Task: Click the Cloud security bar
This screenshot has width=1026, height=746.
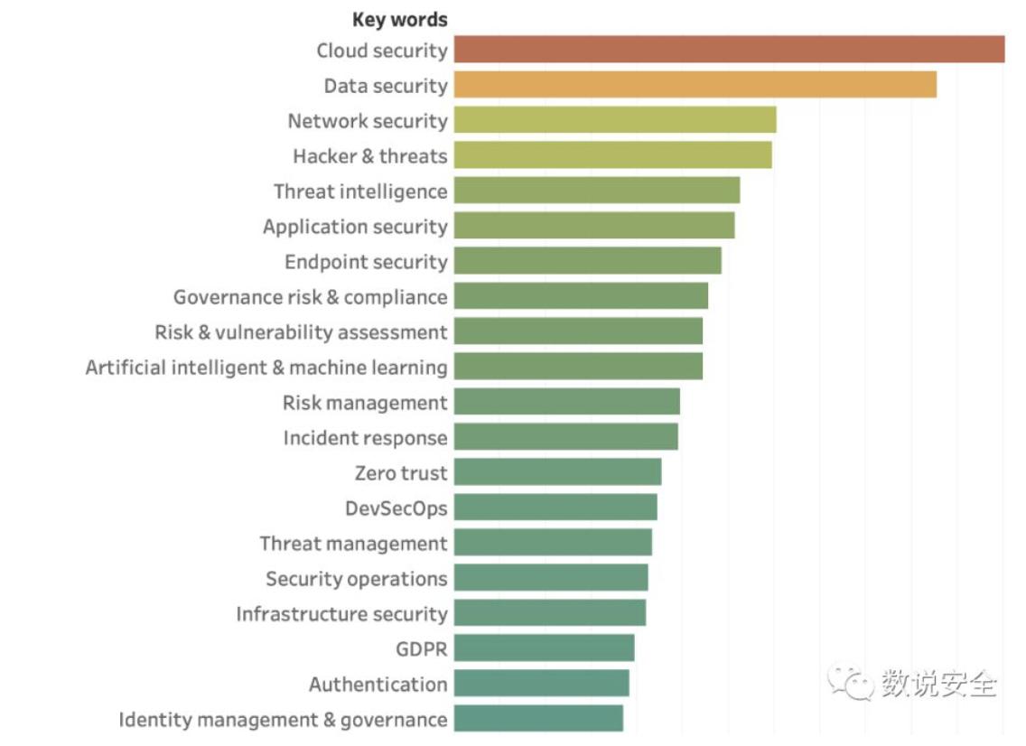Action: pos(729,50)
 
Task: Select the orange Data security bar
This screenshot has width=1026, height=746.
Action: pos(695,85)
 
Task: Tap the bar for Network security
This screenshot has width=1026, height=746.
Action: pos(615,120)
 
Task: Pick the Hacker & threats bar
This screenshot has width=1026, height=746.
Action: pos(612,155)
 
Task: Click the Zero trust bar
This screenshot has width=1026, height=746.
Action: pos(557,472)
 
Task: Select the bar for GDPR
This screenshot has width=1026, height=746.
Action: pos(544,648)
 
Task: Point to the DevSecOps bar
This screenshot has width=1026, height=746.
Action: pos(555,508)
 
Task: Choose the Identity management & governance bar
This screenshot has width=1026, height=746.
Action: pos(538,719)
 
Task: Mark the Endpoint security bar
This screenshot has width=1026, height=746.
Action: pos(587,261)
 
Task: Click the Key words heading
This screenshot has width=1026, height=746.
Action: pos(399,19)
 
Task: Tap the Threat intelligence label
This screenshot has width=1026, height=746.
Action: pos(360,191)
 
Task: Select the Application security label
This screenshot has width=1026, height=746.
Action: pos(355,227)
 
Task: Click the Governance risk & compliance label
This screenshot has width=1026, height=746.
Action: pos(310,297)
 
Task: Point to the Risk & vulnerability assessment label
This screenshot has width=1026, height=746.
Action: pos(301,332)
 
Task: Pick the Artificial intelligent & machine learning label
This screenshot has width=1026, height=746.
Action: pos(266,368)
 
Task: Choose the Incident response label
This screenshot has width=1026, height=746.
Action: pos(365,438)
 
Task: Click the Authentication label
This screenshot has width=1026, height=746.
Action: pos(378,685)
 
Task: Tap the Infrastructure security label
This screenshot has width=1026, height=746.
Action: pos(341,614)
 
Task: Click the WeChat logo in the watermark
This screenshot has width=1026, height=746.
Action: pos(849,682)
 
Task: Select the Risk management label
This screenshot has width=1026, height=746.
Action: pos(365,403)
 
